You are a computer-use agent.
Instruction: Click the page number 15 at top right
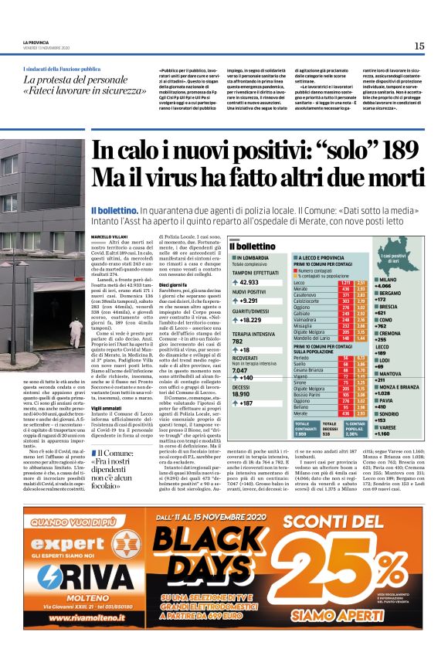coord(419,46)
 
